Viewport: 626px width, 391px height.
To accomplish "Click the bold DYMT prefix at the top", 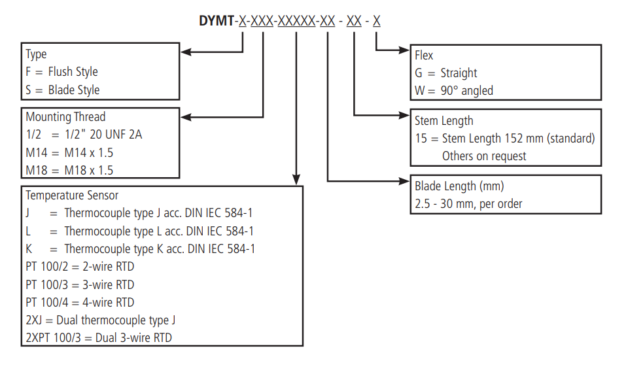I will [x=217, y=21].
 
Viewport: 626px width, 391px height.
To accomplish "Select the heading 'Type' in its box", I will [x=36, y=54].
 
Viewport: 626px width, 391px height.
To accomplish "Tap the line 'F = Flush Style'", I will [x=61, y=72].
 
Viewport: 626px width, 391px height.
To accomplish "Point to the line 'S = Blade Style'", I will [x=63, y=90].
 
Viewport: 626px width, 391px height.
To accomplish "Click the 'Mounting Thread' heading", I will [x=65, y=117].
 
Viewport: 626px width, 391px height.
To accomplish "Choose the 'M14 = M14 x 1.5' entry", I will [x=69, y=152].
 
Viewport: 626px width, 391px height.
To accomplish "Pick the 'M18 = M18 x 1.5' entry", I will [x=69, y=170].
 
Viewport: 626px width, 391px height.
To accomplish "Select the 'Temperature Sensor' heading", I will [x=72, y=195].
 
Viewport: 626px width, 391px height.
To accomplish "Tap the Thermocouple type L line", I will [x=139, y=231].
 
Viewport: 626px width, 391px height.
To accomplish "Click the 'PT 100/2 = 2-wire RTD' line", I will [x=80, y=267].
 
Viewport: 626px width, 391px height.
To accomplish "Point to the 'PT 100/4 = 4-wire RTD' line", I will [x=80, y=303].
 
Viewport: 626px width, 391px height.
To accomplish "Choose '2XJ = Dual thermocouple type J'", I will [x=100, y=320].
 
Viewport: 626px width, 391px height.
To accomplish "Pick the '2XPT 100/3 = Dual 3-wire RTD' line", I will [x=99, y=338].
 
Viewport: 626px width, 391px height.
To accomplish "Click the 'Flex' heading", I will [x=424, y=56].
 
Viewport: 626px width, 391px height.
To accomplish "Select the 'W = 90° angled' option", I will [x=454, y=91].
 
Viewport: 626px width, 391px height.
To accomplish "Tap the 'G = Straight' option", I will [x=446, y=73].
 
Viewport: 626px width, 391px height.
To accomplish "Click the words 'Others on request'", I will [x=484, y=156].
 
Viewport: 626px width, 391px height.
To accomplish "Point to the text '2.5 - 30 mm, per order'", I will [x=468, y=204].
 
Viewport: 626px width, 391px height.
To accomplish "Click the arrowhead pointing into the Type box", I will [x=185, y=52].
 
